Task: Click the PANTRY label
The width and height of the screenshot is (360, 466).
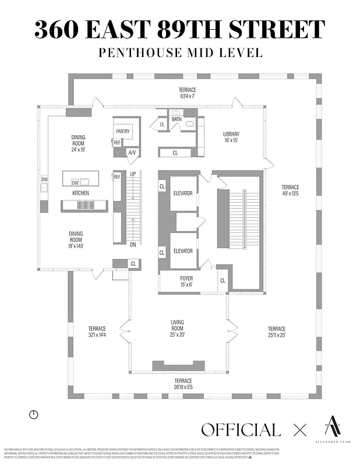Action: pyautogui.click(x=122, y=131)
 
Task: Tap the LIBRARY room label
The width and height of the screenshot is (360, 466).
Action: pyautogui.click(x=231, y=137)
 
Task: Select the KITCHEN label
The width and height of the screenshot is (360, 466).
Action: pyautogui.click(x=80, y=192)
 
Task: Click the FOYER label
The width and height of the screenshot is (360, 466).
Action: pyautogui.click(x=186, y=282)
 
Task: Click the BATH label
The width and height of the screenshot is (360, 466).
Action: pyautogui.click(x=177, y=119)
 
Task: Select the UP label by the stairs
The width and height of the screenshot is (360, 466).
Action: pyautogui.click(x=133, y=174)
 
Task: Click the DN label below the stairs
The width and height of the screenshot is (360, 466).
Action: pyautogui.click(x=133, y=244)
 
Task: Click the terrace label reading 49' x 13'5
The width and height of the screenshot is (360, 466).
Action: pyautogui.click(x=290, y=190)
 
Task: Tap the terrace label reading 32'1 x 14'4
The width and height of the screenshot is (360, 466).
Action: pyautogui.click(x=97, y=331)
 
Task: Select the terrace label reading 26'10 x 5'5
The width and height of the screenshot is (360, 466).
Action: pyautogui.click(x=183, y=383)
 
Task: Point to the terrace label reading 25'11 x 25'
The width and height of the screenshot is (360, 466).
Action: pyautogui.click(x=277, y=331)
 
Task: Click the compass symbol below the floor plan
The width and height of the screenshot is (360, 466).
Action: pyautogui.click(x=34, y=414)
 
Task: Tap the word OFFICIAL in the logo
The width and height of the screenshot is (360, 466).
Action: pyautogui.click(x=241, y=430)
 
